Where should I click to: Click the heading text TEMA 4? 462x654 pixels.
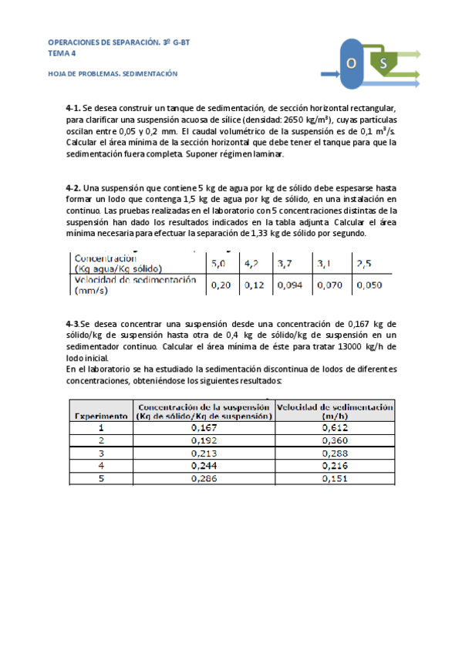[x=62, y=54]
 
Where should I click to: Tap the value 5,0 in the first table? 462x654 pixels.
[x=220, y=263]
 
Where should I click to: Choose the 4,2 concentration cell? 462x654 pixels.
[x=252, y=263]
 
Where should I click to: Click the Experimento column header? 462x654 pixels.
[x=101, y=415]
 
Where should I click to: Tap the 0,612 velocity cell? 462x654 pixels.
[x=335, y=427]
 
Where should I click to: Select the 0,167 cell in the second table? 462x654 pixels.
[x=203, y=427]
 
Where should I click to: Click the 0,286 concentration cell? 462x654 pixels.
[x=203, y=478]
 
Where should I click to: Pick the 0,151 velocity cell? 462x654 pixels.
[x=335, y=478]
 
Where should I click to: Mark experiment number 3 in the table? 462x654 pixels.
[x=101, y=453]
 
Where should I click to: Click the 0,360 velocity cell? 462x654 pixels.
[x=335, y=440]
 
